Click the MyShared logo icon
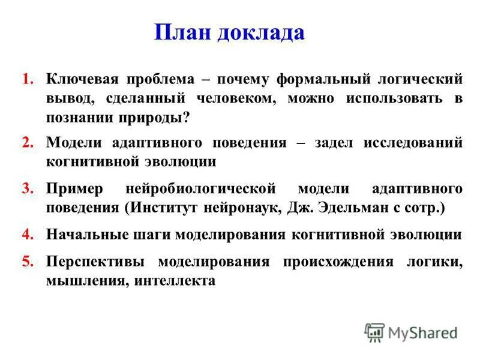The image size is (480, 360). pyautogui.click(x=375, y=332)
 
